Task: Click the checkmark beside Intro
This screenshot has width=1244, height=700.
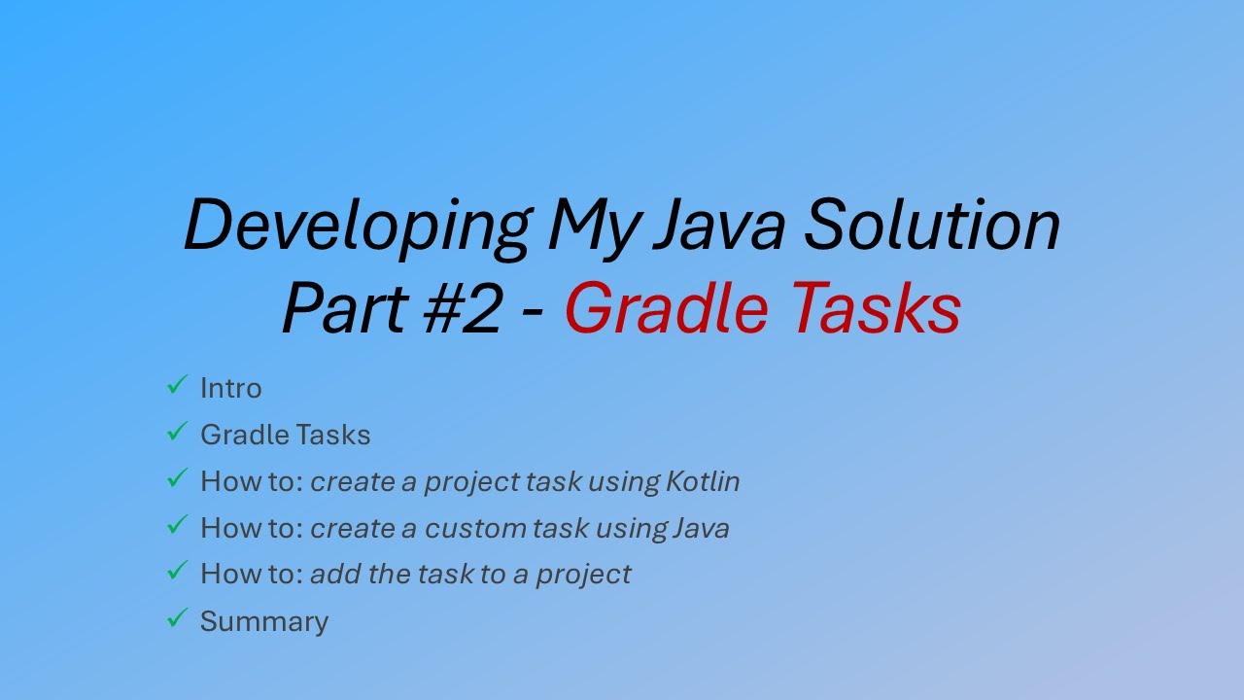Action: [x=176, y=386]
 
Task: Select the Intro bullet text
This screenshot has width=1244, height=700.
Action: [x=231, y=388]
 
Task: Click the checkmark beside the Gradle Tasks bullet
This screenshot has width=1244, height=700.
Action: [x=176, y=433]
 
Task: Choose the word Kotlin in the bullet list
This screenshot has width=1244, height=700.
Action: [x=703, y=481]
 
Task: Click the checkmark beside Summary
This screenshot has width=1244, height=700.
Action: [x=176, y=618]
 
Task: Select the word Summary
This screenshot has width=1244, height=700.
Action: [x=264, y=621]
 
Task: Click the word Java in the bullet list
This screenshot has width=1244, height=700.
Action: [x=700, y=528]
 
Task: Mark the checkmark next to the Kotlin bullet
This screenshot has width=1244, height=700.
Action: [x=176, y=478]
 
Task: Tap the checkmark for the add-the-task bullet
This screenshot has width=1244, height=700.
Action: [x=176, y=572]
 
